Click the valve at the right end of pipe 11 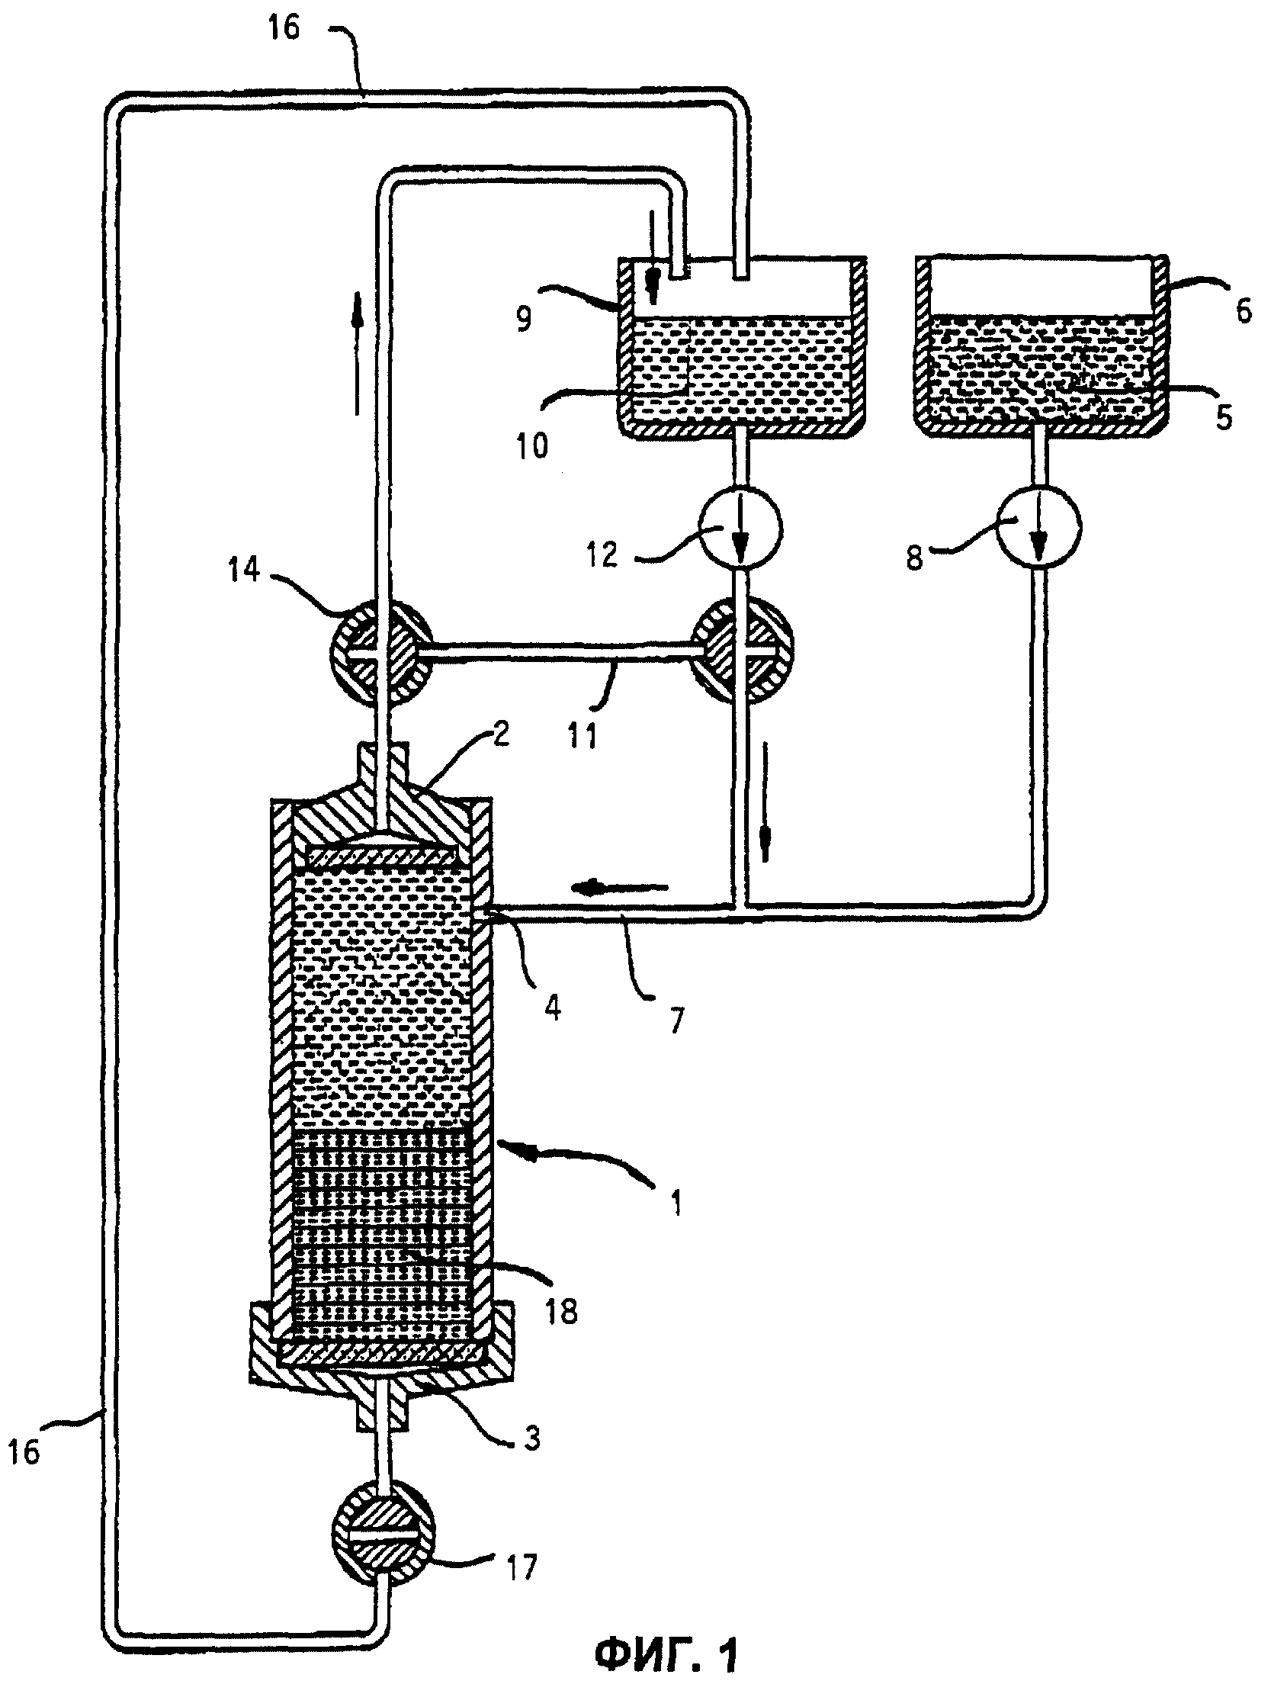point(742,649)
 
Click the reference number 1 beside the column point(675,1204)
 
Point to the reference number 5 point(1225,417)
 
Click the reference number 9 point(524,317)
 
